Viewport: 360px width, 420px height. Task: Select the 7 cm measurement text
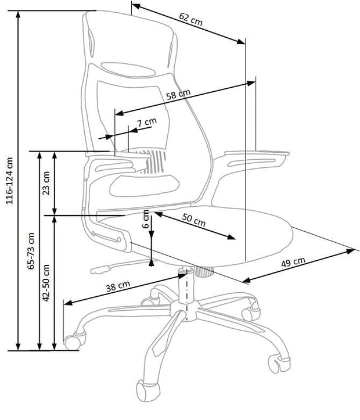(146, 122)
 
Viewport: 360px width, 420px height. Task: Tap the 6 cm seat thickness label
(146, 220)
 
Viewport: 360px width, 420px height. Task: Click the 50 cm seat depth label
(193, 221)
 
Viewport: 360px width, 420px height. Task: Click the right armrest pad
(255, 155)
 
